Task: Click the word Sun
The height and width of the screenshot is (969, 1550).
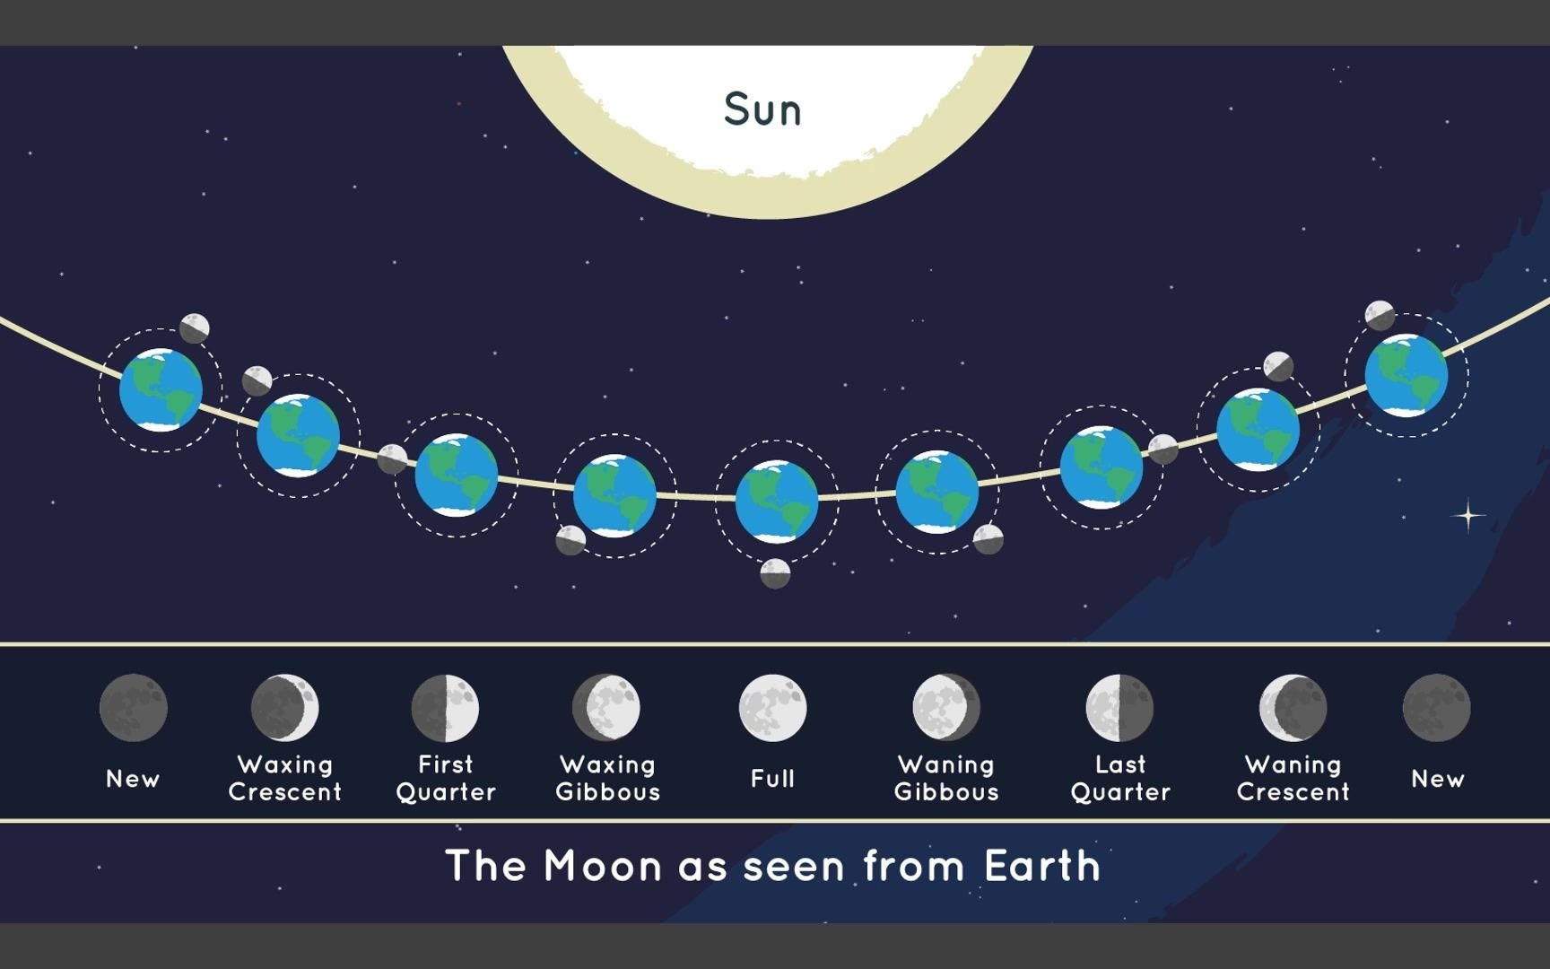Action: click(762, 109)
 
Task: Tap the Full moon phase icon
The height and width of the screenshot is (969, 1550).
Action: click(772, 708)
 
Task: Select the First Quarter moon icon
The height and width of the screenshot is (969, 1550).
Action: click(445, 708)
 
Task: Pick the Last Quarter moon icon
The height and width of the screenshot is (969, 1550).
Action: click(1119, 708)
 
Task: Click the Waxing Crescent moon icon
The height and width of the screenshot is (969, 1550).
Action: click(285, 708)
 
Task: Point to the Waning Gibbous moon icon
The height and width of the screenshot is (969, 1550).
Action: click(946, 708)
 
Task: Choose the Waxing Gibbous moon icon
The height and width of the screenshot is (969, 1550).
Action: click(606, 708)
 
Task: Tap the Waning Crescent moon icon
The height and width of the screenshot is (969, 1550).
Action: click(1293, 708)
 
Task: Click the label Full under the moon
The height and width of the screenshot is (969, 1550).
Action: click(772, 778)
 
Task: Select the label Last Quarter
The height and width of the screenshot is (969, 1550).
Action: click(1120, 778)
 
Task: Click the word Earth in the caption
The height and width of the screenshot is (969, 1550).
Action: click(1042, 866)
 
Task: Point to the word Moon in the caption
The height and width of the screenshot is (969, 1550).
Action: click(603, 866)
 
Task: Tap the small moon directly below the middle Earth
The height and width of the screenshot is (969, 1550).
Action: click(775, 573)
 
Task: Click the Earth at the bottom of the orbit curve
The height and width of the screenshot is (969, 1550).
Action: click(777, 502)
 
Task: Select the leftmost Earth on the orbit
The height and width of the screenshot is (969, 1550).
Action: click(161, 390)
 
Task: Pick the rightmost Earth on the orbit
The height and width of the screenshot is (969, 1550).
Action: click(1406, 375)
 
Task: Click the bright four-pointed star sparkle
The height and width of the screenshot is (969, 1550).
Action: click(1468, 516)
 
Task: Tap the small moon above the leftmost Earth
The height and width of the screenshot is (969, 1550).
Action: click(195, 328)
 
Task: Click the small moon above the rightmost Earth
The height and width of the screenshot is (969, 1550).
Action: click(1380, 315)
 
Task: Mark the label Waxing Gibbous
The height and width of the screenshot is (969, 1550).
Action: click(607, 778)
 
